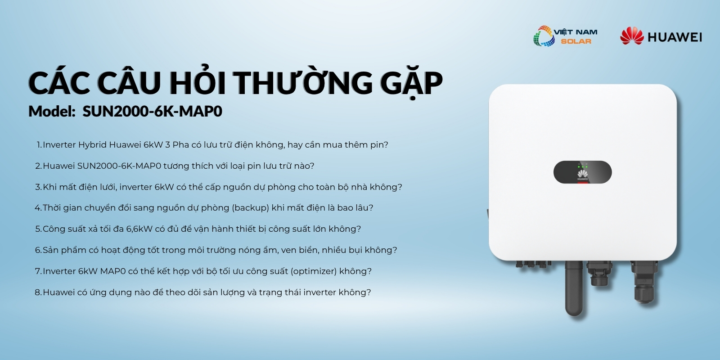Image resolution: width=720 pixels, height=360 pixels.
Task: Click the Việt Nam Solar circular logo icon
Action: (544, 36)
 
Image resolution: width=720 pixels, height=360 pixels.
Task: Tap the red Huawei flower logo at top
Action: (632, 36)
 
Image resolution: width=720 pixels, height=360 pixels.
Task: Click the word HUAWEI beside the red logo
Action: (675, 37)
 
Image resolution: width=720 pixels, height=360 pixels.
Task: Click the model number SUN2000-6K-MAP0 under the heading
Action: (153, 111)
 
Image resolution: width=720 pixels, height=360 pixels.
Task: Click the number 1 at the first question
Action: (39, 145)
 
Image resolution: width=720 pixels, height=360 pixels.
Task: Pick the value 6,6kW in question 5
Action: (139, 229)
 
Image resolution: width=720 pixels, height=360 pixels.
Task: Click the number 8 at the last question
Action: (38, 292)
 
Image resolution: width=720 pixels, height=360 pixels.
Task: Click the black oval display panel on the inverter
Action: (582, 172)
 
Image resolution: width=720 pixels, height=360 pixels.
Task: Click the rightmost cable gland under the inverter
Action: (644, 282)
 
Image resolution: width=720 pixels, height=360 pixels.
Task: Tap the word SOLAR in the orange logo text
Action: (576, 41)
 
